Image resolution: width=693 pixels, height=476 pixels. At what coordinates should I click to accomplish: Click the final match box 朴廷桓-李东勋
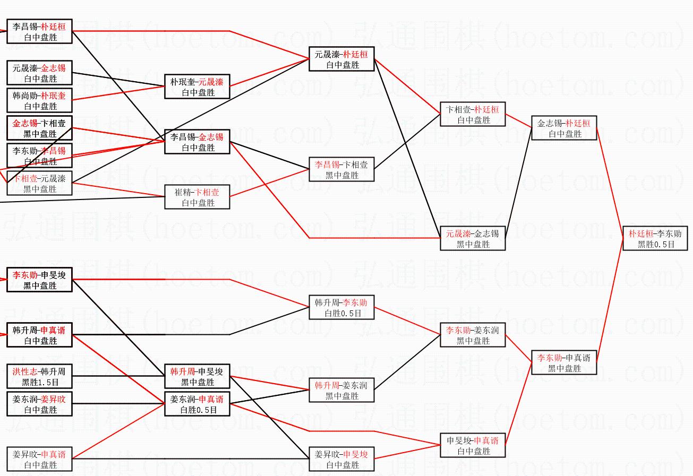tap(655, 239)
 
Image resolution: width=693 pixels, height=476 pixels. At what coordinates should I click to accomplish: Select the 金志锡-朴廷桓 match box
tap(564, 128)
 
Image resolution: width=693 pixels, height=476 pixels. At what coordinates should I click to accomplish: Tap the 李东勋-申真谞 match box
tap(564, 363)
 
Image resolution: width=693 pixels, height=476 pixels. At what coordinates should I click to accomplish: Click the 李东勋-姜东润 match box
tap(473, 335)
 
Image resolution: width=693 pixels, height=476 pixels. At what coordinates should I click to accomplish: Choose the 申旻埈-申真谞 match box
tap(473, 446)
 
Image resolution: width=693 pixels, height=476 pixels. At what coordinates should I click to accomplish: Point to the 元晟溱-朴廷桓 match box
tap(341, 59)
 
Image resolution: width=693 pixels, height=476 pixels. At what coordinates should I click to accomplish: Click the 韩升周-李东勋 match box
tap(341, 308)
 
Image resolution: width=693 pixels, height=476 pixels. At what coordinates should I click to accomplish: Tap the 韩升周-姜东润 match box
tap(341, 391)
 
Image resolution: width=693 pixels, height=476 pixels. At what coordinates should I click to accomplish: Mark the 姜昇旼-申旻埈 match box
tap(341, 460)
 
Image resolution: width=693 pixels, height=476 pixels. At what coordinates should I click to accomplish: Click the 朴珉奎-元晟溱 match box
tap(197, 87)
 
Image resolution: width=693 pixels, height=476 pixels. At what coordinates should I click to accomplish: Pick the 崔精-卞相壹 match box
tap(197, 197)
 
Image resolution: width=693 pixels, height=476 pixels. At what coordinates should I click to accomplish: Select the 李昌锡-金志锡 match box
tap(197, 142)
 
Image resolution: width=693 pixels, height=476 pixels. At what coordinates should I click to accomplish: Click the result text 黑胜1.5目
tap(39, 382)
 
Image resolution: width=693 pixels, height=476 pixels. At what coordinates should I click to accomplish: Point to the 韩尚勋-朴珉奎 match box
tap(39, 101)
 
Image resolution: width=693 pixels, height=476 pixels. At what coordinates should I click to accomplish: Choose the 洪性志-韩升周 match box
tap(39, 376)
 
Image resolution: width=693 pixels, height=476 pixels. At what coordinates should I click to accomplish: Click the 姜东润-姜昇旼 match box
tap(39, 404)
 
